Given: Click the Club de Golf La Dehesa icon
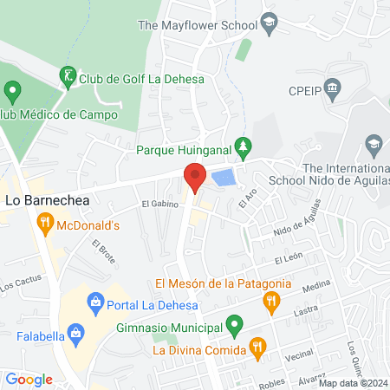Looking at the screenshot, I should coord(67,77).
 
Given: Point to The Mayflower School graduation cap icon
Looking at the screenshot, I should coord(269,25).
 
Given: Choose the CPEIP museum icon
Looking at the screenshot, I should coord(334,89).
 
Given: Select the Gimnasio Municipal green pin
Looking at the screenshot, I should coord(233,327).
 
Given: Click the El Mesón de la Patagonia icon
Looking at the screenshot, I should coord(270,301).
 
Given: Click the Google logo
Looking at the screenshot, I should coord(29,379).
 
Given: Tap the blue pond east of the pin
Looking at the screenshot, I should coord(224,179).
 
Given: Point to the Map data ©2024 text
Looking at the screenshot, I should coord(353,383).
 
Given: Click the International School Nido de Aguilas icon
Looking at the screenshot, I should coord(374,143).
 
